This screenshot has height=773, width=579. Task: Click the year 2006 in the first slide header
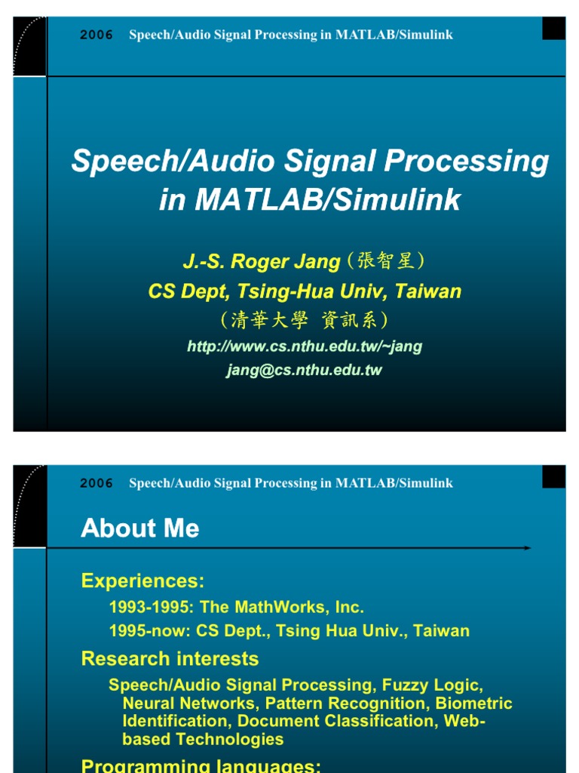coord(96,35)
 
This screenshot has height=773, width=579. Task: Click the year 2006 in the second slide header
coord(96,484)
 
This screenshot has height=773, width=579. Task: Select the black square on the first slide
coord(553,29)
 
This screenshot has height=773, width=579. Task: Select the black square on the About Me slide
coord(553,477)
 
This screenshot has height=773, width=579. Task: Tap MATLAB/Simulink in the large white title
coord(327,199)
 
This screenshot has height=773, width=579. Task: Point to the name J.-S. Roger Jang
coord(262,262)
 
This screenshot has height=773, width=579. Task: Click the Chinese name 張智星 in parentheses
coord(386,262)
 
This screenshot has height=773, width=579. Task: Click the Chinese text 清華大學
coord(269,320)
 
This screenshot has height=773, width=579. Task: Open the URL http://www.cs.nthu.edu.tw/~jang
coord(305,346)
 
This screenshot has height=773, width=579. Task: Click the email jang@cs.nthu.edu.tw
coord(305,370)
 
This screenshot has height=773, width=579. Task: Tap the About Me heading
coord(140,528)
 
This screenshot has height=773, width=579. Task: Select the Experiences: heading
coord(143,581)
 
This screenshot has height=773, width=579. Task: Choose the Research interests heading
coord(170,659)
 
